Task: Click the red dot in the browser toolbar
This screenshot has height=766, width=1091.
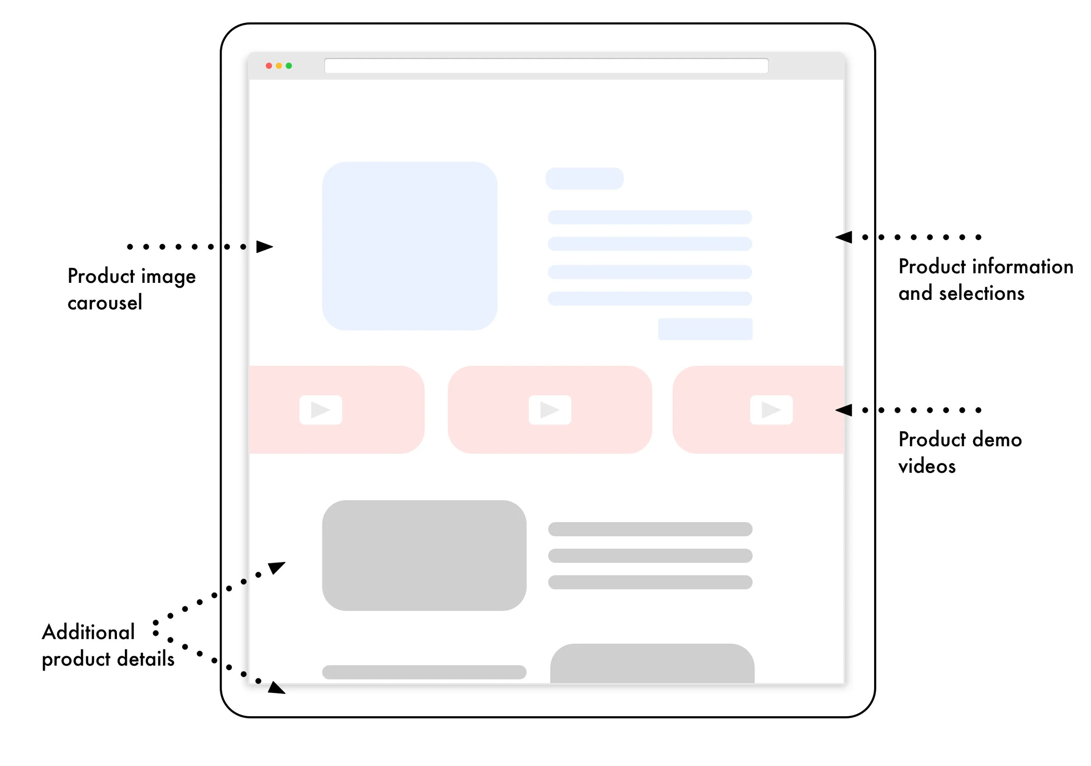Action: point(269,65)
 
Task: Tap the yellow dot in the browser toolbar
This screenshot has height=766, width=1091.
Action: point(279,65)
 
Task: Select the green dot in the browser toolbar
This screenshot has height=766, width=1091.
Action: point(289,65)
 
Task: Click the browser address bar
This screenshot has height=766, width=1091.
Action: point(546,65)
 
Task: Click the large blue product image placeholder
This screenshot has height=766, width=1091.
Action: point(410,246)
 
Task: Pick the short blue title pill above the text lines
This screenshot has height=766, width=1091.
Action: point(584,179)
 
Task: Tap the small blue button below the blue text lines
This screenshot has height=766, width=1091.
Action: point(705,329)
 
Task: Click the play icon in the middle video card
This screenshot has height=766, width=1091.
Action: point(550,409)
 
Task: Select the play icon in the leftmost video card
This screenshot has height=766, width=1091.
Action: point(321,409)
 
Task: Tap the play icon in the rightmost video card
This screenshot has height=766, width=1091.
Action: point(771,409)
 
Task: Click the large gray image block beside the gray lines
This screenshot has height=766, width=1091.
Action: point(424,555)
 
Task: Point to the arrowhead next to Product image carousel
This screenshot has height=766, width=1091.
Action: point(264,247)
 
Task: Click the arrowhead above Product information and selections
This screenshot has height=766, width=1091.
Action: point(844,237)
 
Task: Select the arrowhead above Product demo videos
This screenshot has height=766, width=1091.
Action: point(844,409)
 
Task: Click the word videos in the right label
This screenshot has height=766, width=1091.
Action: point(926,466)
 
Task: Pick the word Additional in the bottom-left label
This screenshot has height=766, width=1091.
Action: point(89,632)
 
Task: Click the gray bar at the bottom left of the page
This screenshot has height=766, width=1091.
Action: point(424,672)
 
